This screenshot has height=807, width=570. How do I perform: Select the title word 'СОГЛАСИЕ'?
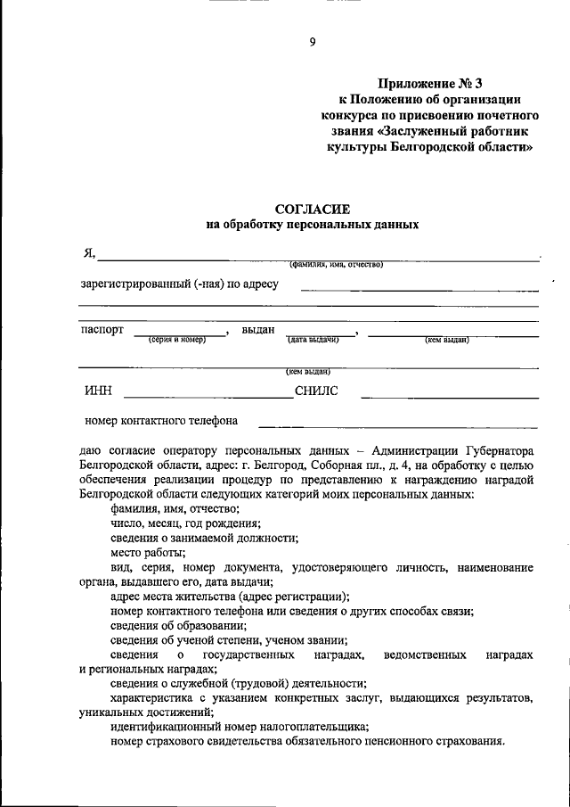click(312, 209)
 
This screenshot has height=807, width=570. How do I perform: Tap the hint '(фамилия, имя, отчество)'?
click(335, 265)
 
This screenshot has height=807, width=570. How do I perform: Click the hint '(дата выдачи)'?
click(314, 340)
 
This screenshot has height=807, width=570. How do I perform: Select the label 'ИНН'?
click(98, 391)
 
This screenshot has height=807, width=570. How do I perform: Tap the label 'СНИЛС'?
click(316, 391)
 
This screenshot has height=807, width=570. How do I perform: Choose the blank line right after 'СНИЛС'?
click(449, 396)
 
